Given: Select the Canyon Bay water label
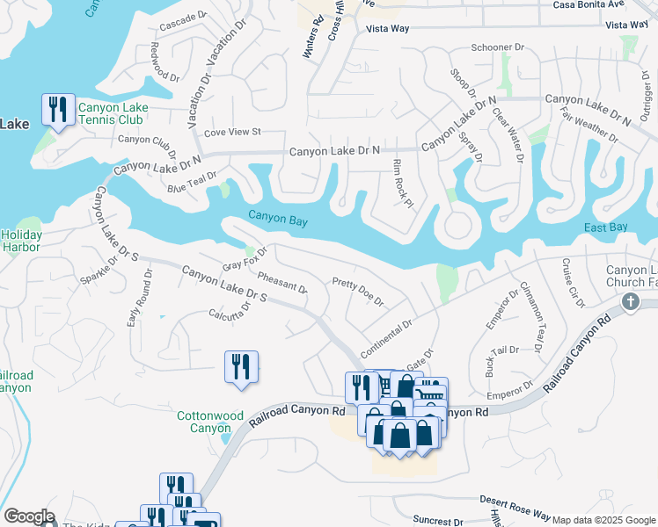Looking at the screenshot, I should [x=277, y=220].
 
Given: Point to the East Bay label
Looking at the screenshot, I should [x=606, y=227].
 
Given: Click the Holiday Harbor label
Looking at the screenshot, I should [x=21, y=242].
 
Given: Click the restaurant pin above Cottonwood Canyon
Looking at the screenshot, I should [x=241, y=366].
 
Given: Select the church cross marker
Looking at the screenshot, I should [x=630, y=302].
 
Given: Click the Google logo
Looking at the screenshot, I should [x=28, y=516].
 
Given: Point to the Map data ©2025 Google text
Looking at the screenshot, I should [x=603, y=520].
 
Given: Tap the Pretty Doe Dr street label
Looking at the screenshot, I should [x=357, y=292].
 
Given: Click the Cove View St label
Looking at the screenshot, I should [x=232, y=132].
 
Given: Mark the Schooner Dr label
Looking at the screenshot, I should [x=498, y=47].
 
